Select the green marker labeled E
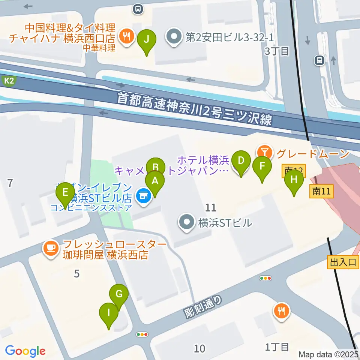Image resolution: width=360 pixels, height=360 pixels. pyautogui.click(x=65, y=193)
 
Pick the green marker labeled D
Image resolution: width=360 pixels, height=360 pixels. pyautogui.click(x=241, y=162)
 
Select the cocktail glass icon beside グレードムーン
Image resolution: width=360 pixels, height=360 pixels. pyautogui.click(x=265, y=152)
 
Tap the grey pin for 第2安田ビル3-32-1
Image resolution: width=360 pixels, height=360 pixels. pyautogui.click(x=173, y=37)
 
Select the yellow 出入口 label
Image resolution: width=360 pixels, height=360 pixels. pyautogui.click(x=343, y=262)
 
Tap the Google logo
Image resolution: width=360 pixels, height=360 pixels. pyautogui.click(x=25, y=351)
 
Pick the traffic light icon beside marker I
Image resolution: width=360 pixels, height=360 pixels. pyautogui.click(x=142, y=334)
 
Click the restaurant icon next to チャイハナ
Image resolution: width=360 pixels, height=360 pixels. pyautogui.click(x=124, y=36)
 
